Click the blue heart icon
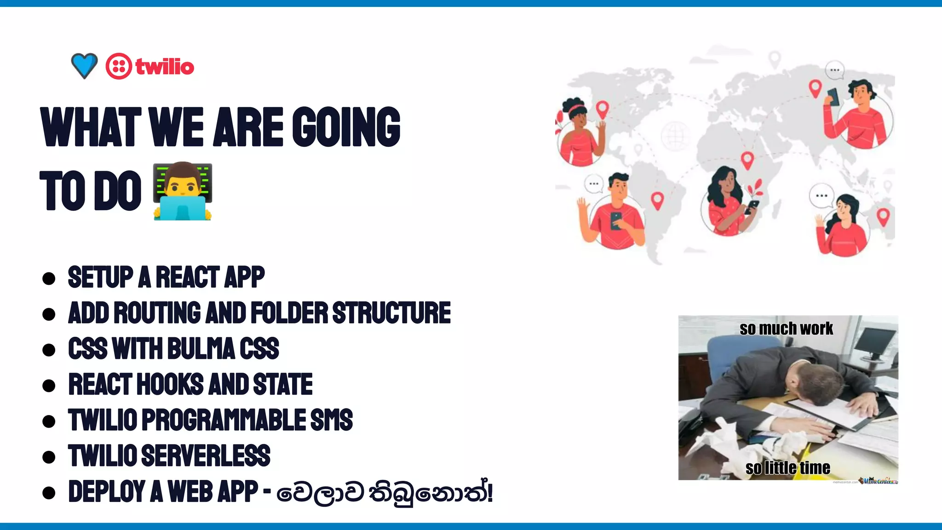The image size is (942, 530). [84, 65]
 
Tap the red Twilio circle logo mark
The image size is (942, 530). [119, 66]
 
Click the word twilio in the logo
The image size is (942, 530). [165, 67]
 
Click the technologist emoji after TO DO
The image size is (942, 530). [183, 191]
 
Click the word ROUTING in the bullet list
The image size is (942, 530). [157, 313]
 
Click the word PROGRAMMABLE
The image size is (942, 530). [224, 420]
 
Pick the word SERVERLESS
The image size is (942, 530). [206, 455]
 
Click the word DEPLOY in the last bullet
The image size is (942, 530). [107, 491]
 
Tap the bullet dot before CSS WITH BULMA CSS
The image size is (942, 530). [49, 350]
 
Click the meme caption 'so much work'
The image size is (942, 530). [786, 328]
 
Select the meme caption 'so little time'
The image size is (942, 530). [787, 468]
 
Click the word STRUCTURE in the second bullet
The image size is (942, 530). [391, 313]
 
